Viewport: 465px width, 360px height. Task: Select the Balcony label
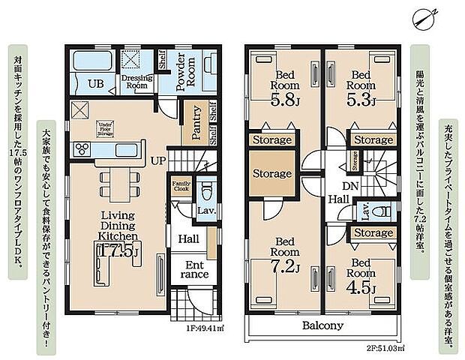(x=322, y=325)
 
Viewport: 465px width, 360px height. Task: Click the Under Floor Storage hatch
(x=105, y=130)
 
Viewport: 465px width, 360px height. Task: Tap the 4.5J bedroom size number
(x=362, y=286)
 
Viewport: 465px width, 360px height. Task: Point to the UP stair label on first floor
(x=159, y=161)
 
